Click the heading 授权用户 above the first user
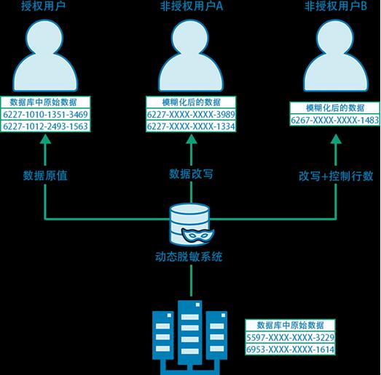[x=43, y=6]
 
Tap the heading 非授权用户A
[x=192, y=6]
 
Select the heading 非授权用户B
[x=336, y=6]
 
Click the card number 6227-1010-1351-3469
[x=45, y=114]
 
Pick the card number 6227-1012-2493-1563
[x=45, y=126]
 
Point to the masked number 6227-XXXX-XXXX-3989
[x=191, y=114]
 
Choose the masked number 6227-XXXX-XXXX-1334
[x=191, y=126]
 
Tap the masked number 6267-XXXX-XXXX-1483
[x=335, y=120]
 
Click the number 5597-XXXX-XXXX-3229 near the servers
[x=290, y=337]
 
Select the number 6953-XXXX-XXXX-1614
[x=290, y=350]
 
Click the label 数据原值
[x=45, y=175]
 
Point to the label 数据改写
[x=191, y=174]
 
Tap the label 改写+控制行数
[x=336, y=176]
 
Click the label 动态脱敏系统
[x=189, y=257]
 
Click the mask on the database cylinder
[x=198, y=235]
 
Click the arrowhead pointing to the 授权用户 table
[x=45, y=139]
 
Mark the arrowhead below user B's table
[x=336, y=139]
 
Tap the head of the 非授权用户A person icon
[x=190, y=38]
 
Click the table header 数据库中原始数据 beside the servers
[x=290, y=326]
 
